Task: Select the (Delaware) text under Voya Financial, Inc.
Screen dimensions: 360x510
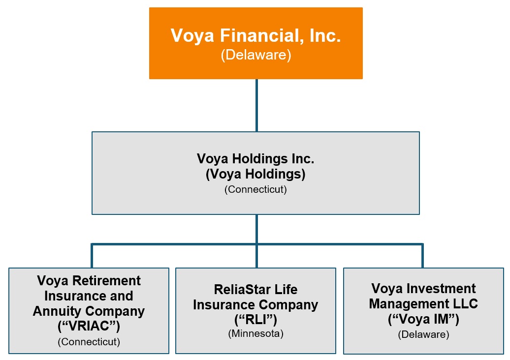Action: (x=255, y=55)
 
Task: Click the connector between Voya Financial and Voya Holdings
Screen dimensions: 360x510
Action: (x=256, y=105)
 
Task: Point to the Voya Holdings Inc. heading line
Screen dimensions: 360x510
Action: (x=255, y=158)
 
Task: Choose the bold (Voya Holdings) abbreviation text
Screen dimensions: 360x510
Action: (x=255, y=174)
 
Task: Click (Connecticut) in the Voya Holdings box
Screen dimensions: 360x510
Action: (x=255, y=189)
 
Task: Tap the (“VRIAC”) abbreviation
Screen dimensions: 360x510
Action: (x=89, y=326)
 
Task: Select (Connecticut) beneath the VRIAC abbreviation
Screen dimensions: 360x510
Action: (x=89, y=341)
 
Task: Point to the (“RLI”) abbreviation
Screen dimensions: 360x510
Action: (x=255, y=320)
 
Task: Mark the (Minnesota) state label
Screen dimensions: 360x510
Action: (x=255, y=333)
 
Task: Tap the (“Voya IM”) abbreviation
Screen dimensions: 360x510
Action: (x=423, y=320)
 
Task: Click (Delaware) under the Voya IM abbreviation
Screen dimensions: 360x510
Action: (x=423, y=334)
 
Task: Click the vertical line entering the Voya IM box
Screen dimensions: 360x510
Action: (x=422, y=256)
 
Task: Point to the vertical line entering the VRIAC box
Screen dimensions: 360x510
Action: (x=92, y=256)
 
